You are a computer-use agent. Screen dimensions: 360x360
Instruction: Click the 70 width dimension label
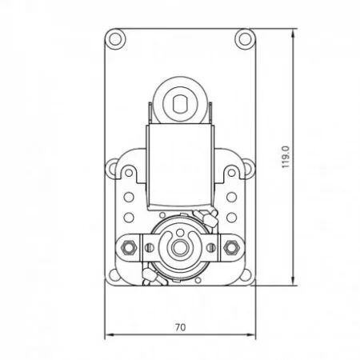tap(180, 327)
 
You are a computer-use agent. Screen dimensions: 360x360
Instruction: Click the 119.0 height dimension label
tap(286, 157)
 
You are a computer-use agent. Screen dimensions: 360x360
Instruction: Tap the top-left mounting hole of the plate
tap(115, 39)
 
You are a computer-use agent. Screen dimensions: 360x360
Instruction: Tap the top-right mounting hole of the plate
tap(245, 39)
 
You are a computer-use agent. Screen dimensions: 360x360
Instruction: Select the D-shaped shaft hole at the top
tap(180, 104)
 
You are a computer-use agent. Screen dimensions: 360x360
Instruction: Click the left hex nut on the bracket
tap(129, 247)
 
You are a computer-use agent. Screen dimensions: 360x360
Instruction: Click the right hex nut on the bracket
tap(231, 247)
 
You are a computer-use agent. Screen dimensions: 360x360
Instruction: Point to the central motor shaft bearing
tap(180, 248)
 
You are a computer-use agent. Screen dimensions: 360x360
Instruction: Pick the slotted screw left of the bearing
tap(149, 248)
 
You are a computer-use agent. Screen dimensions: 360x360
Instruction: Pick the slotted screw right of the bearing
tap(211, 248)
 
